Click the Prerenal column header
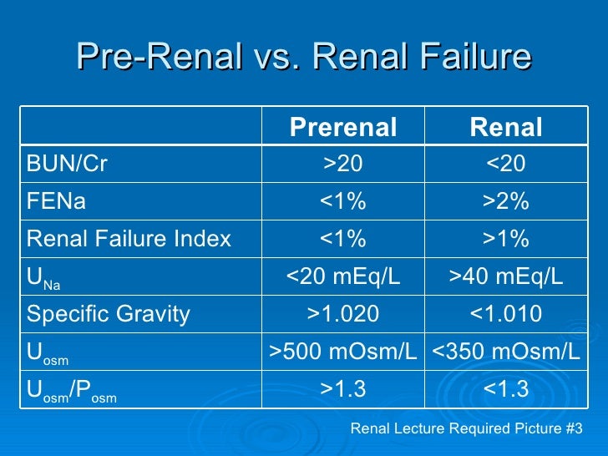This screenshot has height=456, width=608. (342, 128)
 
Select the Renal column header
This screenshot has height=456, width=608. (506, 128)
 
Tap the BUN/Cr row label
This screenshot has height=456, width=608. (67, 165)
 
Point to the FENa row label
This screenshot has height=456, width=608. (56, 201)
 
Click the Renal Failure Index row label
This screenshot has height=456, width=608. (129, 239)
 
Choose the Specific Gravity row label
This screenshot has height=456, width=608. (109, 314)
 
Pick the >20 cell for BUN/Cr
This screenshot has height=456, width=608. (342, 165)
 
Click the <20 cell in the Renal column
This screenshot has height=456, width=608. (506, 165)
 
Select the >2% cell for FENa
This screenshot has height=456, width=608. (506, 201)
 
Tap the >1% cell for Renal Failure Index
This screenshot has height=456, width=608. (506, 239)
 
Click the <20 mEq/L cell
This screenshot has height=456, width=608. (342, 276)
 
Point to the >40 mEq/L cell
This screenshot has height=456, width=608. (506, 276)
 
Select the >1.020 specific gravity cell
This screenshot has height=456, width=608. (342, 314)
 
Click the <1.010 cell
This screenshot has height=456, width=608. (506, 314)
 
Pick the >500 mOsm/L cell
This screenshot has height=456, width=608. (342, 352)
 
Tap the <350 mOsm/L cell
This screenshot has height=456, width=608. (506, 352)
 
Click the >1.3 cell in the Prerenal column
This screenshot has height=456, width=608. (342, 389)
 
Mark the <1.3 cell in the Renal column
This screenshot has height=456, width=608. (506, 389)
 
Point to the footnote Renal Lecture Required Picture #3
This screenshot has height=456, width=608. (466, 429)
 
